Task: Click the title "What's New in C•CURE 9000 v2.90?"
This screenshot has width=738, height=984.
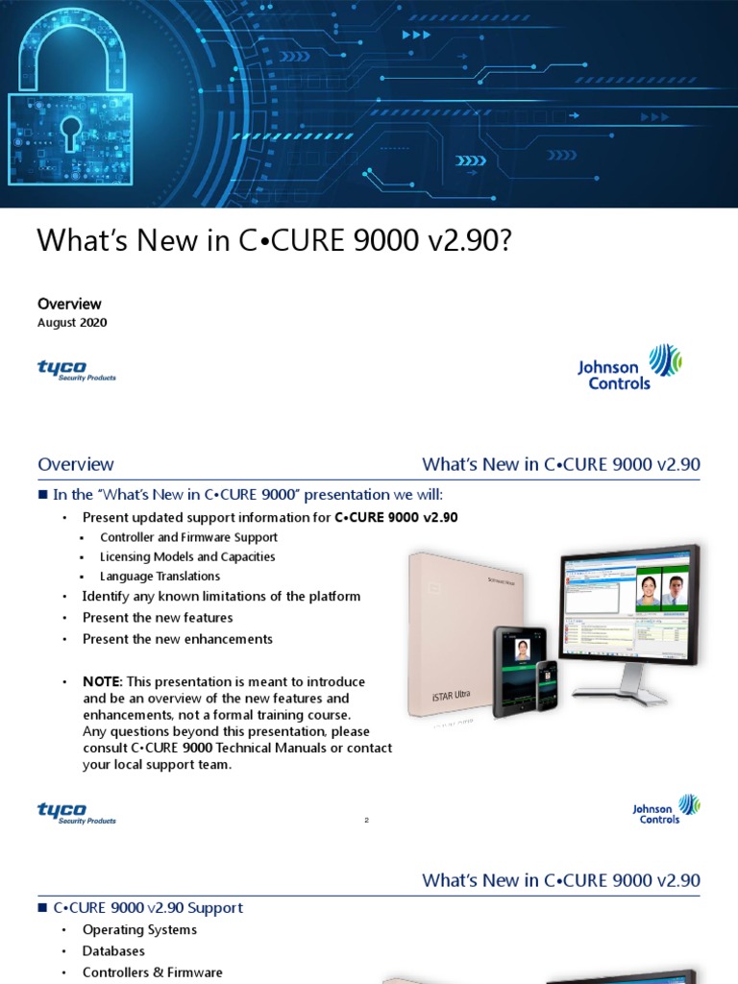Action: click(274, 241)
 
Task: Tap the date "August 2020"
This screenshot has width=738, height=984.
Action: click(72, 323)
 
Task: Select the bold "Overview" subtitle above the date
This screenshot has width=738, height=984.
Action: click(69, 304)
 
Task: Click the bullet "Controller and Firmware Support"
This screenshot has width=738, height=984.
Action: click(188, 537)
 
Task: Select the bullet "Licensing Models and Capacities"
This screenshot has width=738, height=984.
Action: click(187, 556)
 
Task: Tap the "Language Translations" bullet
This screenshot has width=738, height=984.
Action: click(160, 577)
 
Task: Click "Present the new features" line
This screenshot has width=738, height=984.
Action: click(158, 618)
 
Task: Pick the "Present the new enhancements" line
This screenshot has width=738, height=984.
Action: click(178, 639)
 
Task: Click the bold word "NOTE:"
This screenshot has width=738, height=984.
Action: click(103, 681)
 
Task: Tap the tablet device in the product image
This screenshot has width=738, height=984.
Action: click(520, 671)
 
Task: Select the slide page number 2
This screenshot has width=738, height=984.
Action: click(367, 821)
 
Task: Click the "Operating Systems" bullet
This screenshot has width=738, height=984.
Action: click(139, 930)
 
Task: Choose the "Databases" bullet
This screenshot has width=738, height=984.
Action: click(113, 951)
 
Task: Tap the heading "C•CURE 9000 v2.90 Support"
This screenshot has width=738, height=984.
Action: click(149, 908)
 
